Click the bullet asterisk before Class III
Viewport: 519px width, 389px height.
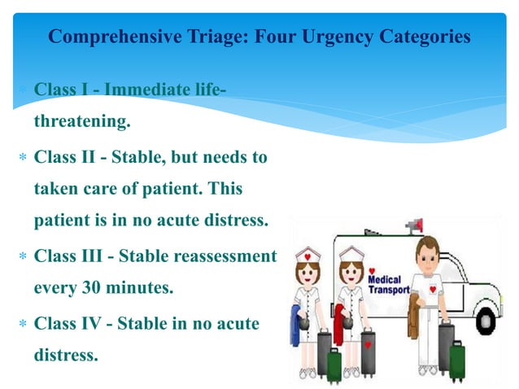[22, 257]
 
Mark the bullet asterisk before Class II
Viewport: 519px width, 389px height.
[22, 157]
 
